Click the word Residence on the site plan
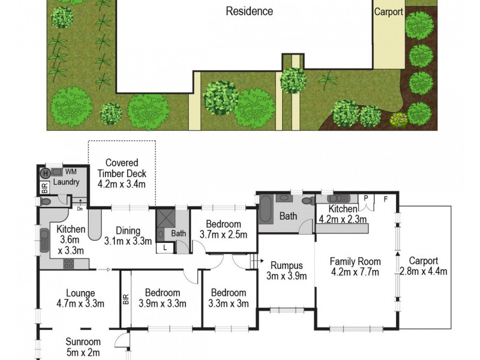coord(249,11)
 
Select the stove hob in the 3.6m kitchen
coord(69,263)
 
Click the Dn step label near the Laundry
coord(80,209)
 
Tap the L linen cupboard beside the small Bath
coord(164,247)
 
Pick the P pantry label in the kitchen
coord(365,197)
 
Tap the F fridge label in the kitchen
coord(385,197)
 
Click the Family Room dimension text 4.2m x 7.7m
coord(356,271)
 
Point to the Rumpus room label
coord(286,266)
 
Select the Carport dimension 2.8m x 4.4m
coord(424,271)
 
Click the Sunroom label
coord(82,343)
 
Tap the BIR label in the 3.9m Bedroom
coord(125,299)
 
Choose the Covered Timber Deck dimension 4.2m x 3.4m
coord(122,184)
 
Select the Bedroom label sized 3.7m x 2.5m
coord(223,235)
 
